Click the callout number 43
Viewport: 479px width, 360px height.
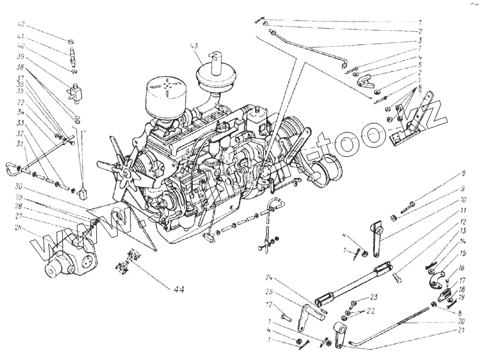(x=193, y=46)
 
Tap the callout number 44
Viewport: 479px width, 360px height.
(x=178, y=289)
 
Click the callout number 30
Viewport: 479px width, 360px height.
(x=19, y=186)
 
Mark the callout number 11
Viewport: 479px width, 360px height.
(x=463, y=212)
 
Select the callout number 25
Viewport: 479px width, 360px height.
(x=269, y=292)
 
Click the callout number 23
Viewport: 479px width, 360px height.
(x=374, y=297)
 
